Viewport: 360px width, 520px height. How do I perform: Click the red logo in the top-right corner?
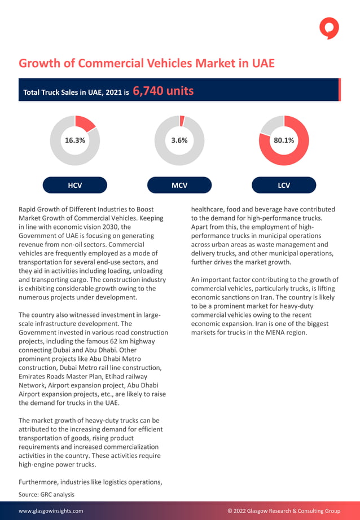click(x=329, y=28)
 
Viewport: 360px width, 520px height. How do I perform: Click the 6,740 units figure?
click(x=163, y=91)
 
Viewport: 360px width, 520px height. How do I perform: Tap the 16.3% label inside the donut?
click(x=75, y=140)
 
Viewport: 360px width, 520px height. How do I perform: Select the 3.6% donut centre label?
click(x=179, y=140)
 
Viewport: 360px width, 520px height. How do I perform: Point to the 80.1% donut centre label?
click(x=284, y=140)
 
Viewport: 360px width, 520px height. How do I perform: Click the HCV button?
click(x=75, y=185)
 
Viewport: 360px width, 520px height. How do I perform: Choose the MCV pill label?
click(x=179, y=185)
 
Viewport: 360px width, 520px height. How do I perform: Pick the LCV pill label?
click(x=284, y=185)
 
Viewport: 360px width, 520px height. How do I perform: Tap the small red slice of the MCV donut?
click(x=182, y=121)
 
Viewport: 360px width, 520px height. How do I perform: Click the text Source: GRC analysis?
click(x=46, y=494)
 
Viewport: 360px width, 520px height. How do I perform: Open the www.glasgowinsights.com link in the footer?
click(x=51, y=511)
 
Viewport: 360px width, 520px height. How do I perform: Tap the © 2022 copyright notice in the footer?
click(x=284, y=511)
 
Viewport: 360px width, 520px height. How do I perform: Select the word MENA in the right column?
click(x=257, y=332)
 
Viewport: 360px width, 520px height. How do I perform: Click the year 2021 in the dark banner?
click(x=111, y=92)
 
